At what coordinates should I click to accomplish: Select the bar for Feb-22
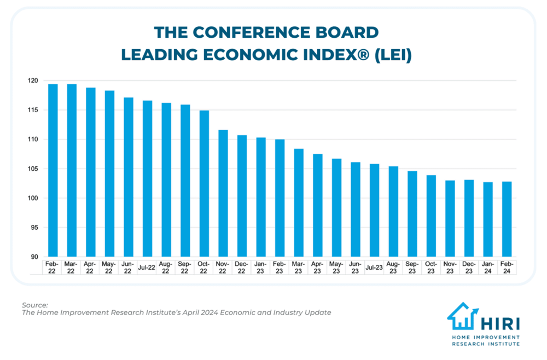pos(53,171)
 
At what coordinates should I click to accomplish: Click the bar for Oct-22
pos(204,184)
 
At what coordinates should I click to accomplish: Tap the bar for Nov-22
pos(223,194)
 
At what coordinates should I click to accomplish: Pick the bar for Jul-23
pos(374,211)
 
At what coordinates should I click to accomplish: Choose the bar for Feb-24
pos(507,219)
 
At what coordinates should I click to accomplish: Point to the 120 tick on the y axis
pos(34,81)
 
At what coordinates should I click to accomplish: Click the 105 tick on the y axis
pos(34,169)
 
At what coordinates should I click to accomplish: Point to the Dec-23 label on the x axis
pos(469,268)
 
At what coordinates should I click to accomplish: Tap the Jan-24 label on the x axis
pos(488,268)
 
